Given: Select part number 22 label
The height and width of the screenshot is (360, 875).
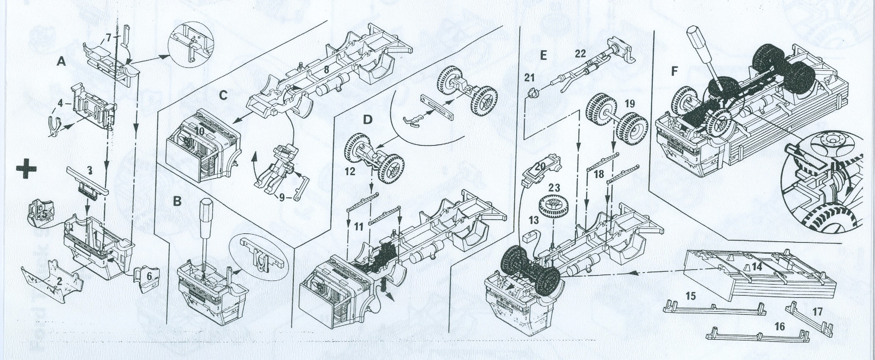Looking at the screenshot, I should coord(580,54).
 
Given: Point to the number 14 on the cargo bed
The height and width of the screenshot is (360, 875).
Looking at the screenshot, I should coord(756,267).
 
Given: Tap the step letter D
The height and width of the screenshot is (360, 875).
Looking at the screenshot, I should coord(367,119).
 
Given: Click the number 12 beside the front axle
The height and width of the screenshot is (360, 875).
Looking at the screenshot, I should coord(350,171).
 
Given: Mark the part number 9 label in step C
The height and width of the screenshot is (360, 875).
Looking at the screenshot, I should coord(281,198).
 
